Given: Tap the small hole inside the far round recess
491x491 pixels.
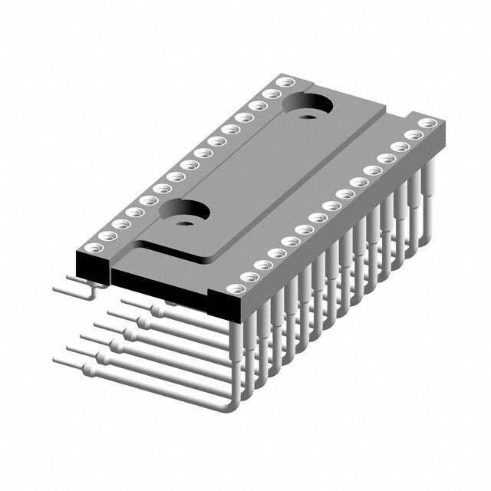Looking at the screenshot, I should coord(308,117).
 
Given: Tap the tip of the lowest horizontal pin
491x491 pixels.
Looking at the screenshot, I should coord(56,359).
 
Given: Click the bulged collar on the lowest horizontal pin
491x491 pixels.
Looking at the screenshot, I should coord(89,371).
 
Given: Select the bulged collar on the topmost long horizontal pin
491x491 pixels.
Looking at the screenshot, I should coord(158,311).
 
